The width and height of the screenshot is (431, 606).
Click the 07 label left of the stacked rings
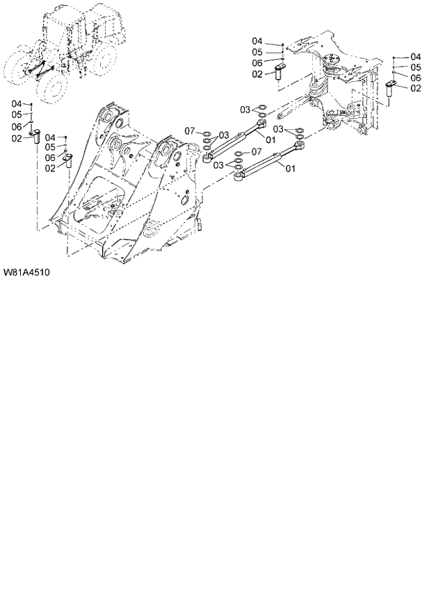[x=191, y=131]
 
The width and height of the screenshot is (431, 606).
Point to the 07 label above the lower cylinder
[x=256, y=151]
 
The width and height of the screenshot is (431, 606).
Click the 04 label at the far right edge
[x=416, y=56]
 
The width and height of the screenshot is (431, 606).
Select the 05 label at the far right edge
[x=416, y=67]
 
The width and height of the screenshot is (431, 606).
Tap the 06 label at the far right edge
[x=416, y=78]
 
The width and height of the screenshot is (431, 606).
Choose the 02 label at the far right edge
[x=416, y=88]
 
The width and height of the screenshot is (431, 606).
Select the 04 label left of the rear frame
[x=257, y=41]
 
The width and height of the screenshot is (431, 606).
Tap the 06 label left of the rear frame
[x=257, y=63]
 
